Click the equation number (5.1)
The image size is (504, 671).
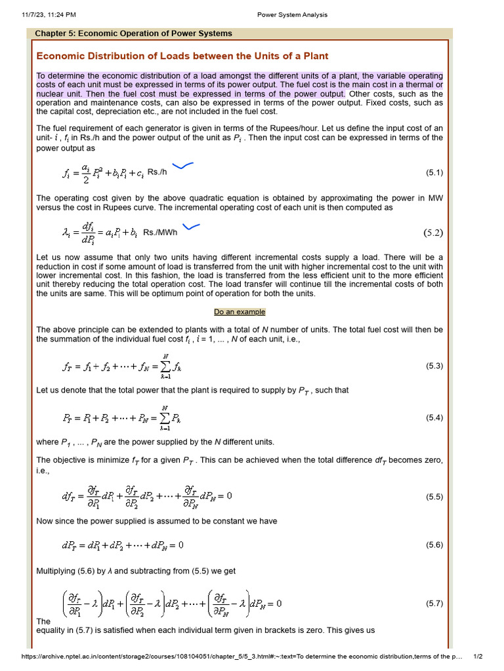[x=434, y=173]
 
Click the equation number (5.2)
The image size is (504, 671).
[x=433, y=232]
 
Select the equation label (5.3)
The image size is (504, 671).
[x=434, y=365]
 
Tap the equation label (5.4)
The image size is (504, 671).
[x=434, y=417]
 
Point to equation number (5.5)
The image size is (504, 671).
[x=434, y=496]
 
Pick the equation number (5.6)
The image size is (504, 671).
[x=434, y=545]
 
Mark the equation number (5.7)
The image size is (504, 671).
[x=434, y=602]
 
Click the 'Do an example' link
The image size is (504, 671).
[x=240, y=312]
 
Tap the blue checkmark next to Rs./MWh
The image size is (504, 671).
[x=191, y=227]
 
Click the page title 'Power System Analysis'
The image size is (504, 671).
[x=292, y=15]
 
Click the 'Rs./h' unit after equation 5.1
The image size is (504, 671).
[x=157, y=173]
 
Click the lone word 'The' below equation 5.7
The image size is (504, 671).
[x=43, y=621]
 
